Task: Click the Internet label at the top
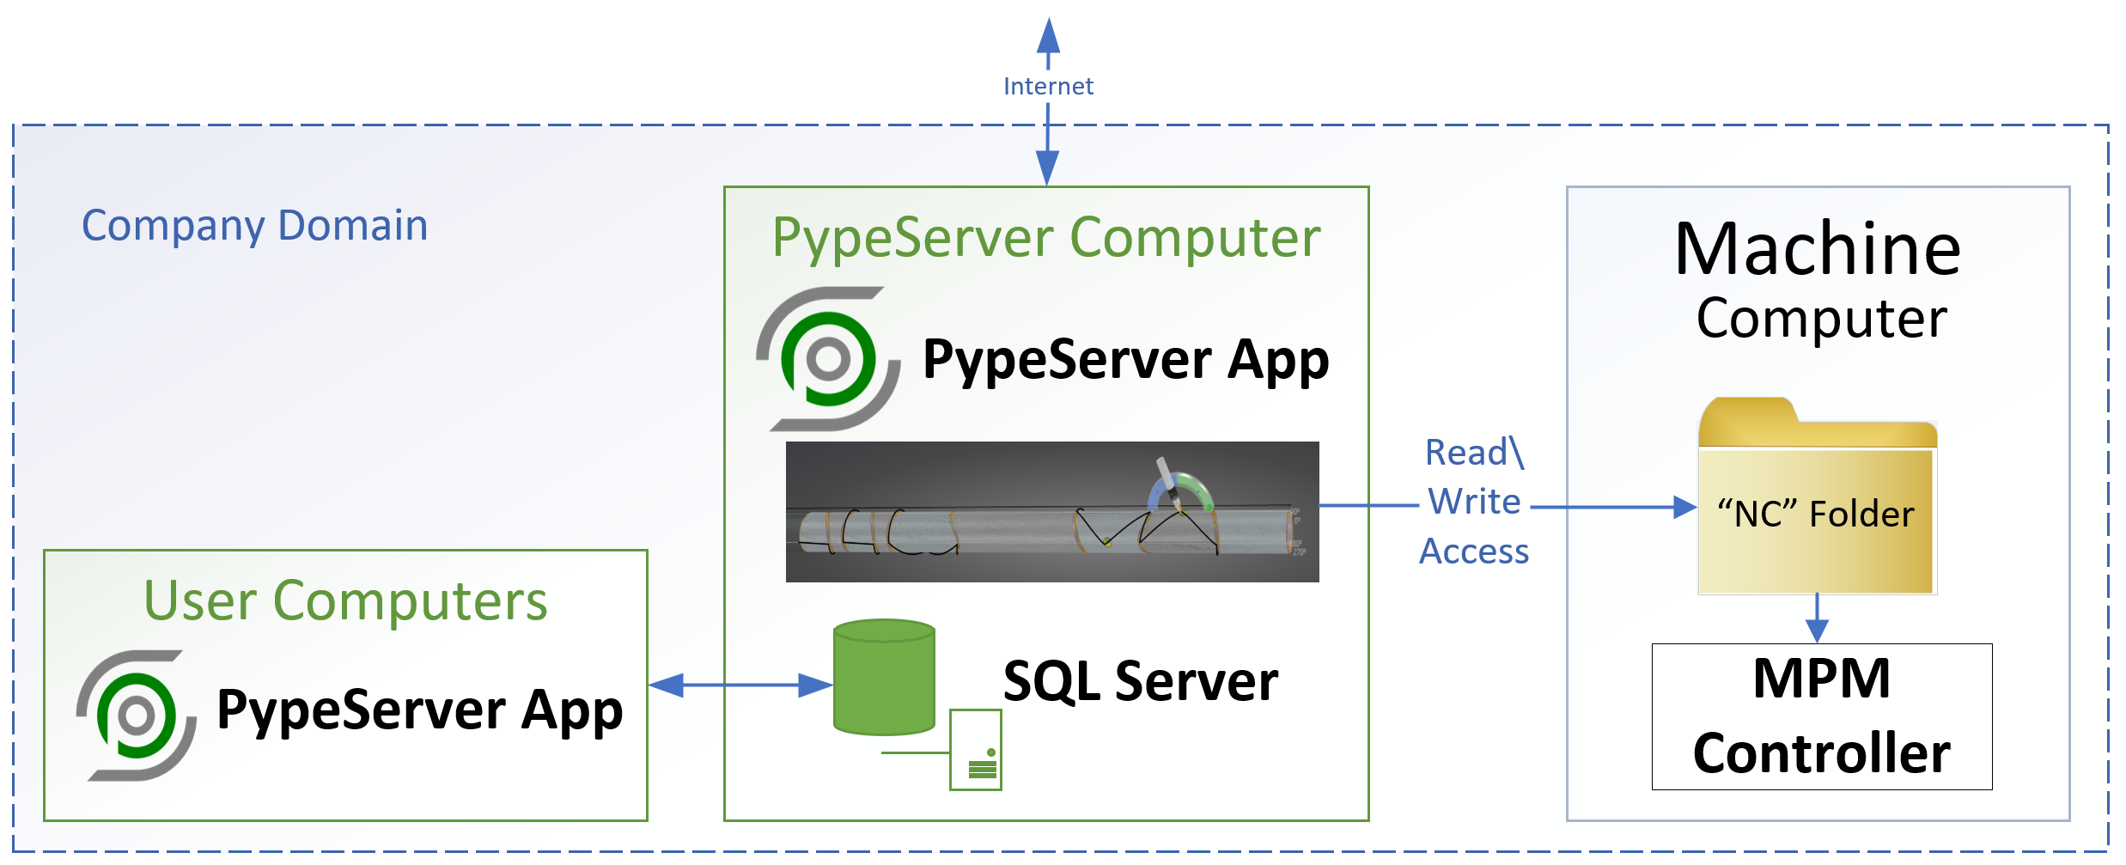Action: coord(1048,86)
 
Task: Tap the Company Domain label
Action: coord(254,226)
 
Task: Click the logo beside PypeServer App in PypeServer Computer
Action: coord(827,359)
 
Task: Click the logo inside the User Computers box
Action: coord(137,716)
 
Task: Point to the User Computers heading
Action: coord(345,600)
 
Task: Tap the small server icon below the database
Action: coord(976,750)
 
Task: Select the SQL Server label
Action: coord(1140,681)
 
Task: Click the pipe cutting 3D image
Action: coord(1052,512)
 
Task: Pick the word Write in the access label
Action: coord(1474,502)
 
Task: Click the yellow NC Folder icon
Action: coord(1817,498)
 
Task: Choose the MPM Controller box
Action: coord(1821,716)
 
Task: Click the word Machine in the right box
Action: coord(1817,249)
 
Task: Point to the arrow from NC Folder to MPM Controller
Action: coord(1817,618)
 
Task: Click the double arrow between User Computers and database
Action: coord(740,685)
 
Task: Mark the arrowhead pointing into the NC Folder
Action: coord(1684,507)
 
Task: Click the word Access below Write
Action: coord(1474,551)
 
